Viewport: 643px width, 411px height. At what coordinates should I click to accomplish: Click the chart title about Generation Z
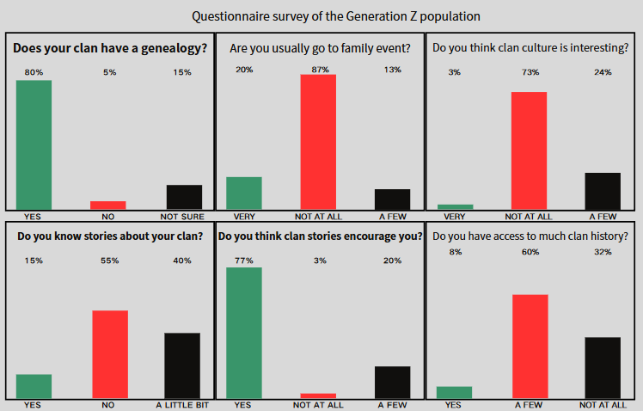336,15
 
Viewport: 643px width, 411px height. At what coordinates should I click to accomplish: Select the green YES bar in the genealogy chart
34,144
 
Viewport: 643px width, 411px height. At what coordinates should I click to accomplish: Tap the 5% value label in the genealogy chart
108,72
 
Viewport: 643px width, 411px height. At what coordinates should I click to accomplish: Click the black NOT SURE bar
184,197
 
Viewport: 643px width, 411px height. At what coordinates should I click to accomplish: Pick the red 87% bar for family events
318,142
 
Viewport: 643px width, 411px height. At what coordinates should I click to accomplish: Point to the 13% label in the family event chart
393,70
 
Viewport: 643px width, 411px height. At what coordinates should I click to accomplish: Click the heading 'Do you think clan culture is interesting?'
530,48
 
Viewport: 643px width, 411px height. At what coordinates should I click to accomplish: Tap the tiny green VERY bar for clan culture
455,206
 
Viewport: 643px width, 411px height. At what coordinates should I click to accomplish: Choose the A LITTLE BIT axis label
181,404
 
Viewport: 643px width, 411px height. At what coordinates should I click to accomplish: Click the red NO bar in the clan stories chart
109,354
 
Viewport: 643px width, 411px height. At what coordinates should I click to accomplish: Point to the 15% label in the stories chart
34,261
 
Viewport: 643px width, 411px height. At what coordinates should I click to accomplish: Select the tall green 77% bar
243,333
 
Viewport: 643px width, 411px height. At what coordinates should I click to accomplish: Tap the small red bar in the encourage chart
318,396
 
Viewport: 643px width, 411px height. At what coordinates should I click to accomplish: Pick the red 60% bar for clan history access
530,347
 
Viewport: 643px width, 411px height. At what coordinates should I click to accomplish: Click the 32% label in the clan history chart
603,252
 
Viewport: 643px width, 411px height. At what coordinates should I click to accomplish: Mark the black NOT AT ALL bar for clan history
603,368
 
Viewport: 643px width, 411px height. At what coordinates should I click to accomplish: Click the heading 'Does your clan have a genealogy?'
110,48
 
